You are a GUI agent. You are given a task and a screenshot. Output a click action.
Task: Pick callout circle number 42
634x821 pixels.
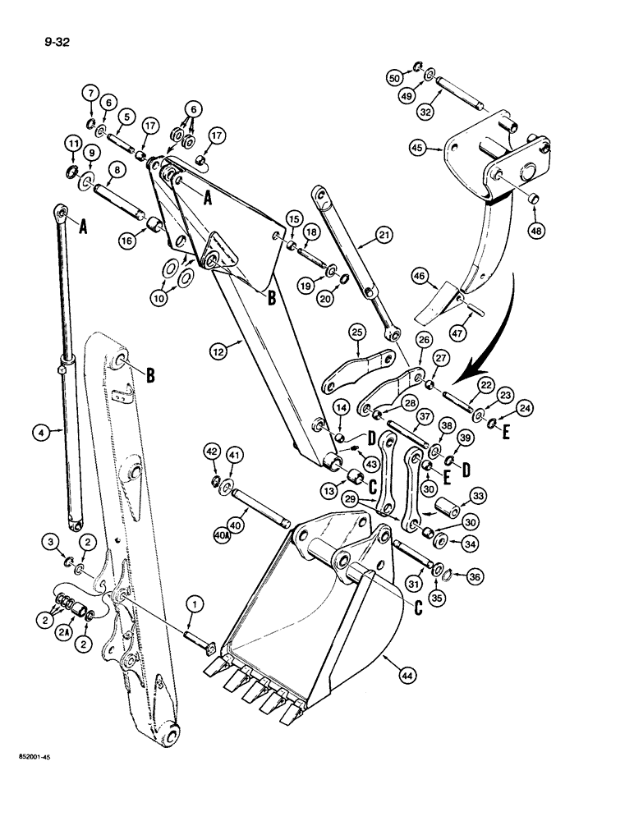[211, 452]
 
